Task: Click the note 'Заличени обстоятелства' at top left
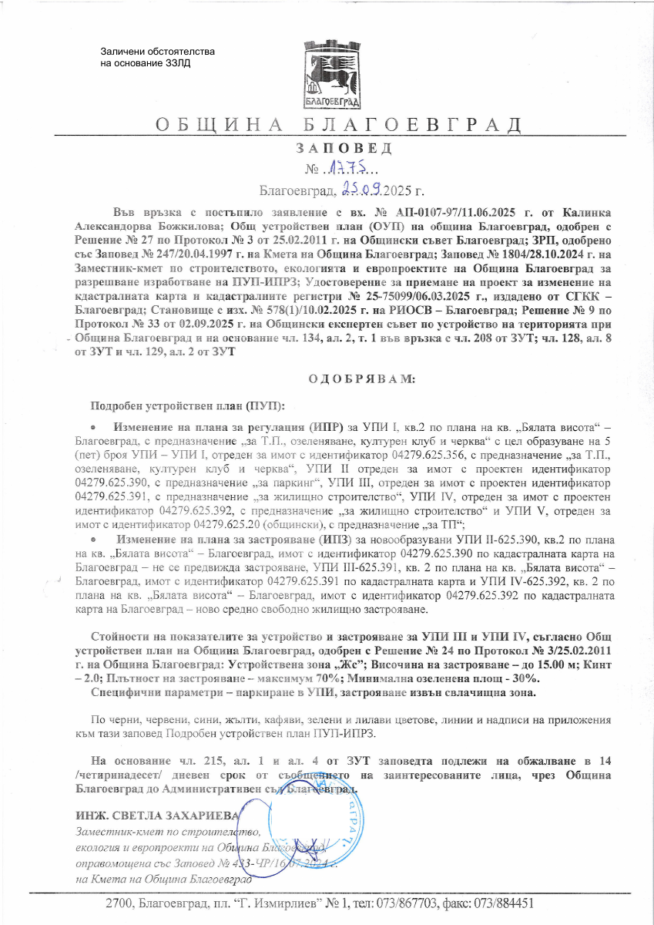click(x=157, y=52)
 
